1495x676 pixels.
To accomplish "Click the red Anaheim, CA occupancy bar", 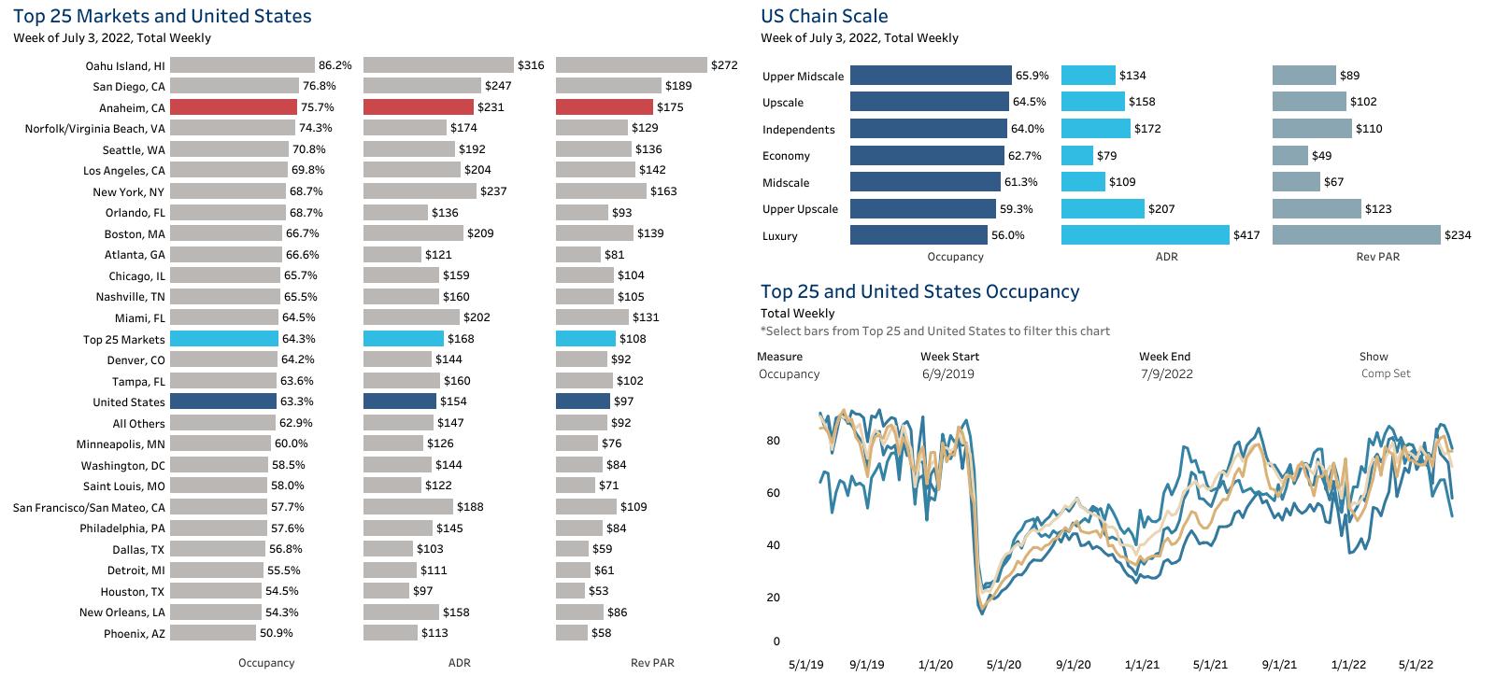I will (x=233, y=107).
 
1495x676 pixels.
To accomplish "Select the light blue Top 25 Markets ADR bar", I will (x=403, y=339).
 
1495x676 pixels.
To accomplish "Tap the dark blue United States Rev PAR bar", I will (x=582, y=401).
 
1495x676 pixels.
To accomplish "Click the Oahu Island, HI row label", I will (x=125, y=65).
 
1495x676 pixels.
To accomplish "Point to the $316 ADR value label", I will (x=531, y=65).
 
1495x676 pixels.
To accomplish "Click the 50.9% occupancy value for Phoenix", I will (x=277, y=633).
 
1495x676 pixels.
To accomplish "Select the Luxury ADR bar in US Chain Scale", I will (x=1145, y=235).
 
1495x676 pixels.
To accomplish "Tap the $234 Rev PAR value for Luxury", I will (x=1458, y=235).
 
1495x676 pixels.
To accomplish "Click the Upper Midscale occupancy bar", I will (x=930, y=76).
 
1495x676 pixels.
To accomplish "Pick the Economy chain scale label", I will (x=786, y=156).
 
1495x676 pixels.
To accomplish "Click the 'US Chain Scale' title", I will (x=824, y=16).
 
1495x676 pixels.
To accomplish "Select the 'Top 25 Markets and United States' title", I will (x=163, y=16).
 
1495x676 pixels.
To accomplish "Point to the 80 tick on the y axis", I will (x=773, y=441).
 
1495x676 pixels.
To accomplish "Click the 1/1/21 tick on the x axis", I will (x=1141, y=665).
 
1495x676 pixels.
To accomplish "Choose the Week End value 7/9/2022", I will (x=1165, y=374).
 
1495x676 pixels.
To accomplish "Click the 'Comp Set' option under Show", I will (x=1386, y=373).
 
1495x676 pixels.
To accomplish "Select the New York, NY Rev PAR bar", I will (x=601, y=191).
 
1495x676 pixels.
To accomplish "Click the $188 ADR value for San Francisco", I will (x=469, y=507).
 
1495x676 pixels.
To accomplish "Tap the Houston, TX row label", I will (x=133, y=592).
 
